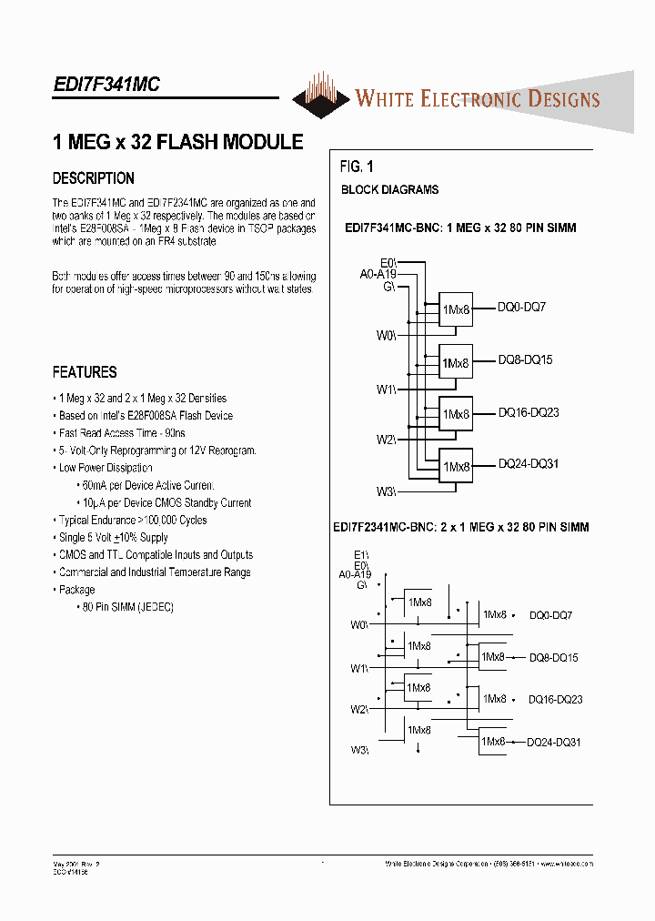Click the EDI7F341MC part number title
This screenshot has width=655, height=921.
(106, 84)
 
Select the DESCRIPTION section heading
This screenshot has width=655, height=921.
(94, 178)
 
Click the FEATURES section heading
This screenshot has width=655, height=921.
(85, 372)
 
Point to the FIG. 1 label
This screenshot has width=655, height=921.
(357, 167)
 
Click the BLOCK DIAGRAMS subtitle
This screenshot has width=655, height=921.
(389, 190)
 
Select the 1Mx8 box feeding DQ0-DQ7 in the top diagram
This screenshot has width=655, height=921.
(456, 309)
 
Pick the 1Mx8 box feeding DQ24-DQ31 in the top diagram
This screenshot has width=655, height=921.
(456, 467)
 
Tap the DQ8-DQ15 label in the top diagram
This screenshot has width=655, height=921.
(525, 360)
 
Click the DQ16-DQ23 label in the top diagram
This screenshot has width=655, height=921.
(528, 413)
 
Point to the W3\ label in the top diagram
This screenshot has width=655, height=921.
(386, 492)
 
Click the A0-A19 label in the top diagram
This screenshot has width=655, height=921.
(378, 273)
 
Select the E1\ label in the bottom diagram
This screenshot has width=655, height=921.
(361, 554)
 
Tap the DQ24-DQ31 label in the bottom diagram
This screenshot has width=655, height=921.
(554, 743)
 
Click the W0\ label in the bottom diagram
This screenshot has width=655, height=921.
(359, 625)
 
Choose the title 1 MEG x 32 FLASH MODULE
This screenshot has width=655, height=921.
(178, 143)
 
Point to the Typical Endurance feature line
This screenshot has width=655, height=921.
(132, 521)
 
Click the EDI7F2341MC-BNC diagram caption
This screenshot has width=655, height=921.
(461, 527)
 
